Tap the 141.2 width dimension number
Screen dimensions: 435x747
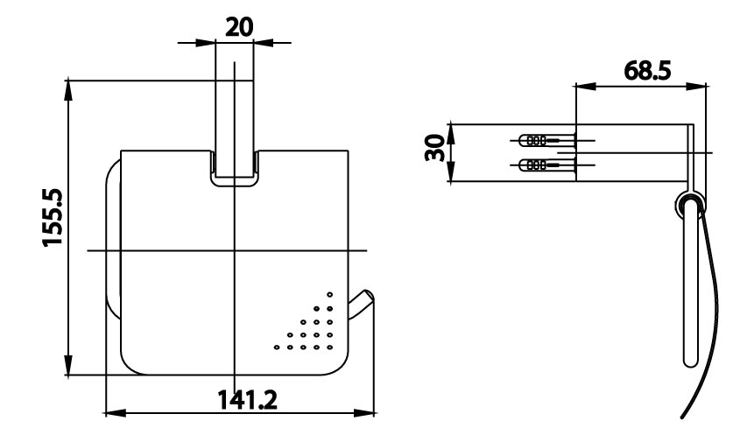pyautogui.click(x=247, y=402)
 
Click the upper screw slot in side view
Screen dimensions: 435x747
pyautogui.click(x=534, y=139)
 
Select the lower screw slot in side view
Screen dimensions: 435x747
pyautogui.click(x=534, y=164)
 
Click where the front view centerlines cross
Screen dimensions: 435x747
pyautogui.click(x=234, y=251)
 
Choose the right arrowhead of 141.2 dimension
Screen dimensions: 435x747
pyautogui.click(x=368, y=412)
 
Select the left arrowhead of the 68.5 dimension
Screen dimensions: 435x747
pyautogui.click(x=581, y=86)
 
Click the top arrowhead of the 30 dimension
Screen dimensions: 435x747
pyautogui.click(x=452, y=130)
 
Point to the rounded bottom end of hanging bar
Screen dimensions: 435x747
pyautogui.click(x=687, y=360)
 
